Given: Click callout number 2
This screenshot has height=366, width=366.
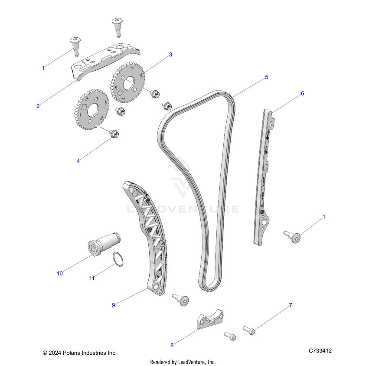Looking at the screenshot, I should pyautogui.click(x=38, y=106).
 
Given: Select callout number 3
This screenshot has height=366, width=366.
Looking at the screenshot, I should pyautogui.click(x=170, y=55).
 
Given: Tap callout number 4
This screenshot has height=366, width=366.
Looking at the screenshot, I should pyautogui.click(x=78, y=161).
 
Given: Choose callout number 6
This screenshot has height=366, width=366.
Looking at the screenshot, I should pyautogui.click(x=302, y=93).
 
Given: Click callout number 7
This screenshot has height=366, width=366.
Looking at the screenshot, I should pyautogui.click(x=291, y=305).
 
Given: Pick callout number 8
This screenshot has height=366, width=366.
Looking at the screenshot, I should pyautogui.click(x=172, y=346).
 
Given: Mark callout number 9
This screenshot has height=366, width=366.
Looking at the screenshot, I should pyautogui.click(x=113, y=305).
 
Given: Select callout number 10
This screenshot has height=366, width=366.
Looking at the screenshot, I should pyautogui.click(x=60, y=273).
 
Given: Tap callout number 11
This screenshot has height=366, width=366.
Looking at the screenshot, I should pyautogui.click(x=92, y=278).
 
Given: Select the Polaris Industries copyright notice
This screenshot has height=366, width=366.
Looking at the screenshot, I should pyautogui.click(x=79, y=353).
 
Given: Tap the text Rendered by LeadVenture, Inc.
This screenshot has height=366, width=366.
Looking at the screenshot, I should pyautogui.click(x=183, y=362).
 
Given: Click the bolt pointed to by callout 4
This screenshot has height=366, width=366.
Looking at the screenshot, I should pyautogui.click(x=114, y=133).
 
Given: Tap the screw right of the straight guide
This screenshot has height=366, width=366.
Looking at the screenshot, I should pyautogui.click(x=293, y=236).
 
